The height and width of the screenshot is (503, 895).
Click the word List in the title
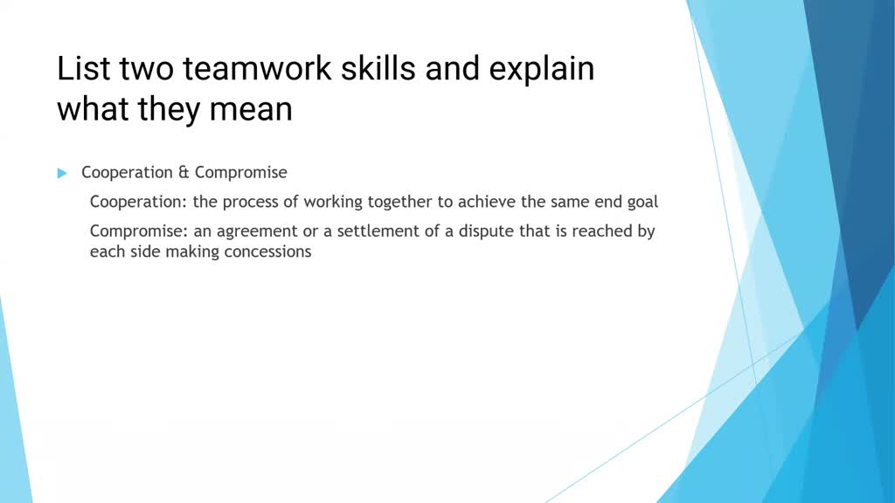(x=80, y=69)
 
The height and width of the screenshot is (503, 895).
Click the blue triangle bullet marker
(x=62, y=173)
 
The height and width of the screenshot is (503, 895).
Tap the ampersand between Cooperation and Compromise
(x=184, y=173)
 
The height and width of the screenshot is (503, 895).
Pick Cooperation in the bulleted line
(x=128, y=173)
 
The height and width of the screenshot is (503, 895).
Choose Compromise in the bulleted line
(x=240, y=173)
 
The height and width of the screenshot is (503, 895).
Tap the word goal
(x=642, y=202)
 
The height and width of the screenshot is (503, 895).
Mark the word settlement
(x=368, y=231)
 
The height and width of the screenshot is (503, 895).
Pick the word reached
(x=604, y=231)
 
